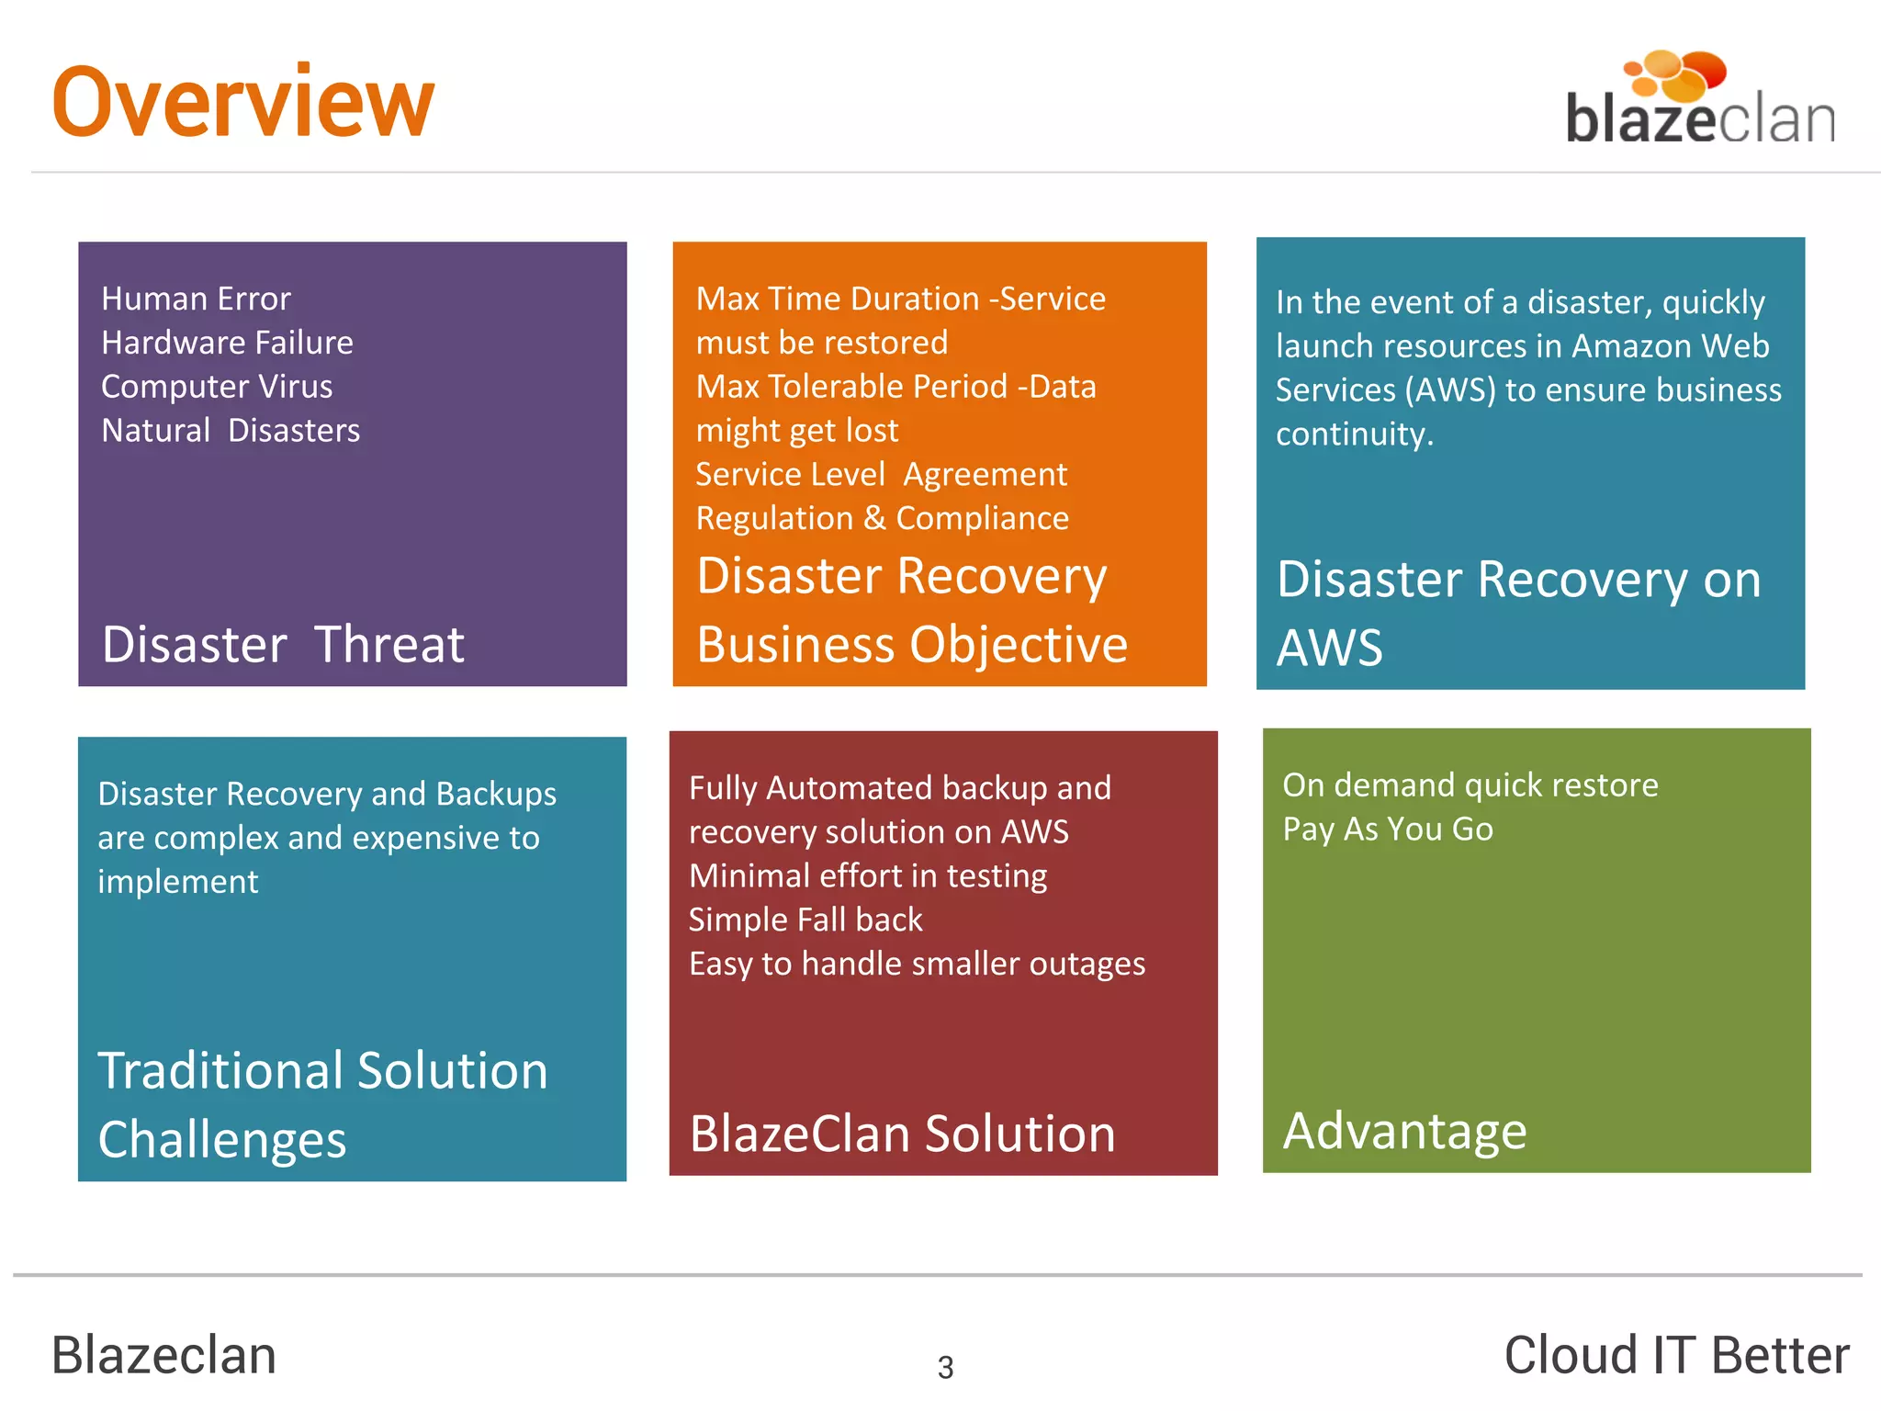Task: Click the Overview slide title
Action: (x=242, y=102)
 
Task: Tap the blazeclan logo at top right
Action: (x=1699, y=101)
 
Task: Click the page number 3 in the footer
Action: (x=945, y=1367)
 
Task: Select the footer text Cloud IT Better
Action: (x=1676, y=1355)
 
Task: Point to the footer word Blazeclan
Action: (x=163, y=1355)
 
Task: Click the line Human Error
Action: (x=196, y=299)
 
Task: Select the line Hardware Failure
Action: (x=227, y=343)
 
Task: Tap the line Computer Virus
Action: (x=217, y=387)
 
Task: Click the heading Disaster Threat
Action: (x=283, y=644)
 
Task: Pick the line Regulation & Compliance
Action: (x=882, y=518)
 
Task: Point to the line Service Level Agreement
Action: (x=881, y=474)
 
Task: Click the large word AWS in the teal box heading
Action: (x=1329, y=647)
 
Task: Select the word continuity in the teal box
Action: (x=1353, y=434)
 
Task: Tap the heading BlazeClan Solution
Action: (x=902, y=1133)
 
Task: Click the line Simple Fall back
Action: (x=805, y=920)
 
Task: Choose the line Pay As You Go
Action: (x=1387, y=829)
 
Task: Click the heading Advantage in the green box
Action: (x=1404, y=1130)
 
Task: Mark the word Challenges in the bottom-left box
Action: (x=222, y=1139)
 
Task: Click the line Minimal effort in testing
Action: (x=868, y=875)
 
